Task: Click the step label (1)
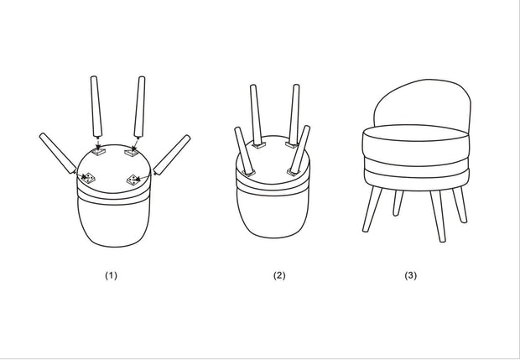tap(111, 275)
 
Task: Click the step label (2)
tap(279, 275)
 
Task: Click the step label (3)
tap(411, 275)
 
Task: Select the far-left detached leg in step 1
tap(58, 154)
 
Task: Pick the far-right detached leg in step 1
tap(172, 154)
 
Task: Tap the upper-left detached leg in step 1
tap(96, 107)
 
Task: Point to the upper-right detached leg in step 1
tap(139, 107)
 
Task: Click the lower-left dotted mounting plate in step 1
tap(88, 178)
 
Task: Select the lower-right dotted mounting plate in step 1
tap(133, 180)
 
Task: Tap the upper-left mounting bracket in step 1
tap(98, 152)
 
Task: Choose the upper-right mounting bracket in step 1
tap(131, 152)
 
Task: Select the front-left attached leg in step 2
tap(244, 150)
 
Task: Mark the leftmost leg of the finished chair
tap(372, 209)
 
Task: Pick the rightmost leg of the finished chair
tap(460, 205)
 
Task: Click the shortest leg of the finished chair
tap(398, 203)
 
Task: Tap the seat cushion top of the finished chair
tap(416, 133)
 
